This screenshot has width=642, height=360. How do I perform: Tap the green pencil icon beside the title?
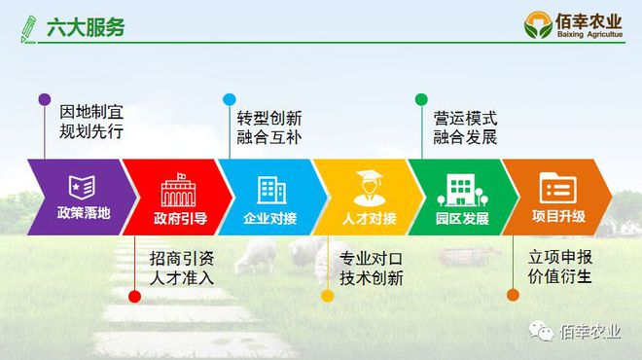28,27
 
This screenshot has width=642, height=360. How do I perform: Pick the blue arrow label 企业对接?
270,217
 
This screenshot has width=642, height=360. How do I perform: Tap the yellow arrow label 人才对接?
369,217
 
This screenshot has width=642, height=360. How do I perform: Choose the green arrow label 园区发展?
461,217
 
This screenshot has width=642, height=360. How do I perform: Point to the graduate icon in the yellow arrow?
368,185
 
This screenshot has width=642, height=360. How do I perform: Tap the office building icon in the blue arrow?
271,187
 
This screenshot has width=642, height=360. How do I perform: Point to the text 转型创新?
269,116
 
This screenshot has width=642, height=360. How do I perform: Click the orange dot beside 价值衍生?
513,294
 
